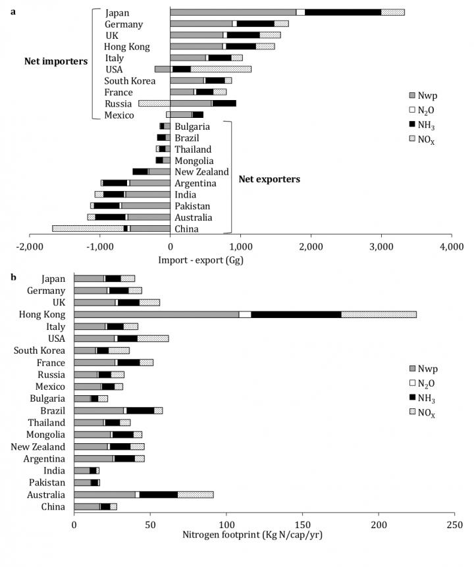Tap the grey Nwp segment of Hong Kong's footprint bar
156,314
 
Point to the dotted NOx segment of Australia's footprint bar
195,494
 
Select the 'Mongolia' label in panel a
194,160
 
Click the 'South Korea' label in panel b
39,350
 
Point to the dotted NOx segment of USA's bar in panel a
221,68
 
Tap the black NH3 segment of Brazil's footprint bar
140,410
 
